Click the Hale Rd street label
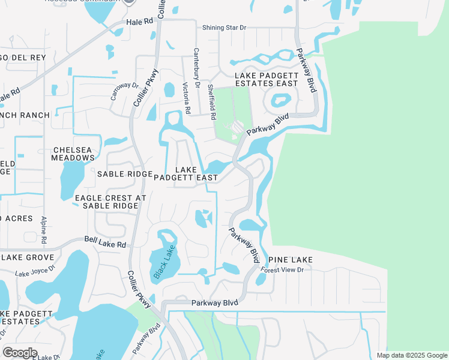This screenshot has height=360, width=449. [x=140, y=22]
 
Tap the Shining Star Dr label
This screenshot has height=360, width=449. [x=224, y=28]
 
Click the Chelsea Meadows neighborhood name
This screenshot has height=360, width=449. [x=74, y=154]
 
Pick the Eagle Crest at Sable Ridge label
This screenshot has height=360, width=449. [x=110, y=202]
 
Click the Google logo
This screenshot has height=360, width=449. [x=20, y=353]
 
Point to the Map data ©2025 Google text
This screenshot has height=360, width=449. [x=411, y=355]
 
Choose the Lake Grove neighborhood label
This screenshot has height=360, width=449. [x=28, y=257]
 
